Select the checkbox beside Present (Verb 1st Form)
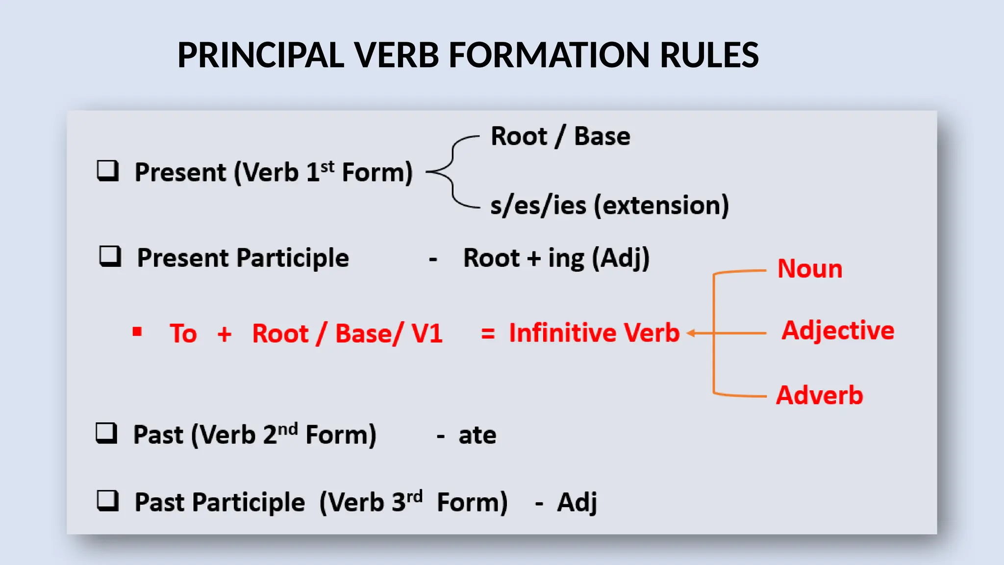click(x=107, y=171)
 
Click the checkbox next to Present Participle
click(x=110, y=256)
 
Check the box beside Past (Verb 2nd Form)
click(x=106, y=433)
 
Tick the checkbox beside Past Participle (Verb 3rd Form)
click(x=107, y=501)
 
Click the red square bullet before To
click(x=137, y=332)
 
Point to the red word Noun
click(x=810, y=269)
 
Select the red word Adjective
click(x=838, y=330)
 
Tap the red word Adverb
click(x=819, y=395)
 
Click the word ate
click(x=477, y=435)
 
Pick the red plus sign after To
click(x=225, y=334)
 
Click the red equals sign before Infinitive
click(x=487, y=334)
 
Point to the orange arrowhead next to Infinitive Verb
click(x=691, y=333)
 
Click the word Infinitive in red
click(x=562, y=333)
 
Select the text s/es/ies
click(x=538, y=205)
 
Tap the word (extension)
click(x=661, y=205)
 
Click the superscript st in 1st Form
click(x=327, y=167)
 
